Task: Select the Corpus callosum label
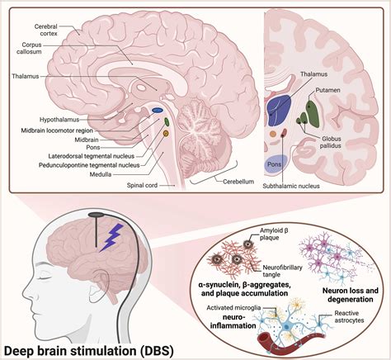(29, 48)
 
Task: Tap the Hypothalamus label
(59, 120)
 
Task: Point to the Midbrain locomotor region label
(57, 130)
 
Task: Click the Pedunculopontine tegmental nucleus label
(89, 165)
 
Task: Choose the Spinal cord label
(142, 185)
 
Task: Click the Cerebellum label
(238, 182)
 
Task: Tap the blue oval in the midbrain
(158, 111)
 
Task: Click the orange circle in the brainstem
(166, 134)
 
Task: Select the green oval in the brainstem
(167, 121)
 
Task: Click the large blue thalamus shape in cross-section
(278, 111)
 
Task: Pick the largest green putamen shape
(313, 114)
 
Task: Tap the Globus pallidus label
(330, 142)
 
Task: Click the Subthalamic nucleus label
(291, 186)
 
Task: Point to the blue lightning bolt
(112, 237)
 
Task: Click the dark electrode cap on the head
(96, 215)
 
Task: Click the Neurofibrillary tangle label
(282, 271)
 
